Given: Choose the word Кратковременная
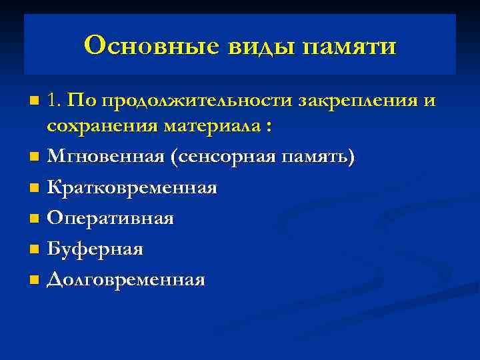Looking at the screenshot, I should coord(132,187).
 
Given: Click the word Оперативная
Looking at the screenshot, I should coord(111,218).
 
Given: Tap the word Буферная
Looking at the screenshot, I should coord(95,249).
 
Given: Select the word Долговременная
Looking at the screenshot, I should coord(126,279).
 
